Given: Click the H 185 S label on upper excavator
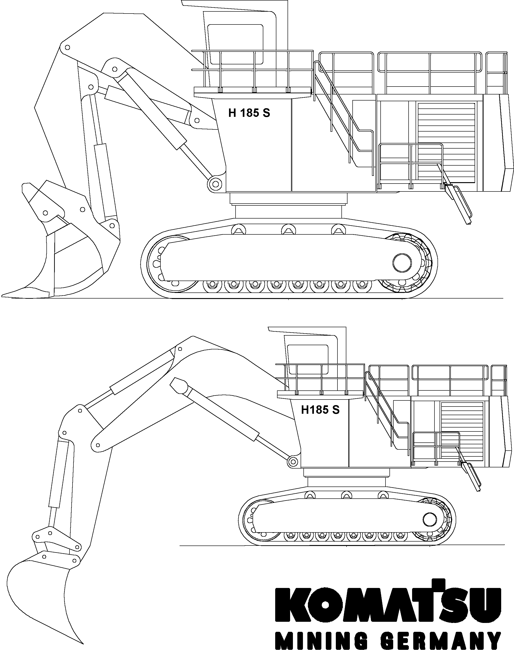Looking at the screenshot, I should point(249,113).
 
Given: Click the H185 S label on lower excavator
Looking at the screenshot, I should point(320,410).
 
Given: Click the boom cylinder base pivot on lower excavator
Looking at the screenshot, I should point(292,461).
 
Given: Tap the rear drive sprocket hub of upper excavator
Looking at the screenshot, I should point(402,262).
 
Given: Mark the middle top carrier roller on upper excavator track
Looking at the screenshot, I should point(288,229).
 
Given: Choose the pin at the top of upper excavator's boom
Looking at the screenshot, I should point(67,48).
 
